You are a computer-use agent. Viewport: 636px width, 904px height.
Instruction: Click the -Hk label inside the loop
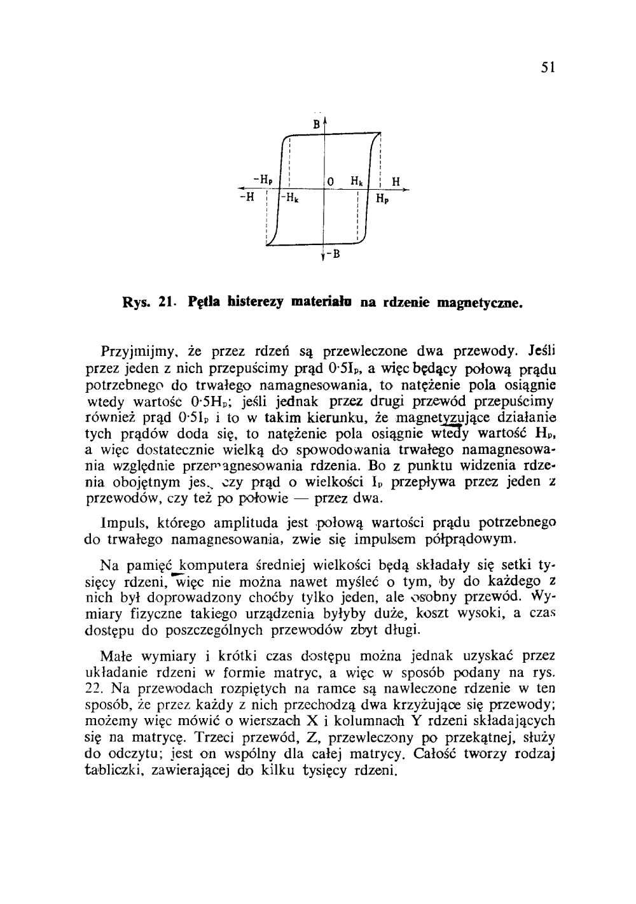(x=292, y=197)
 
